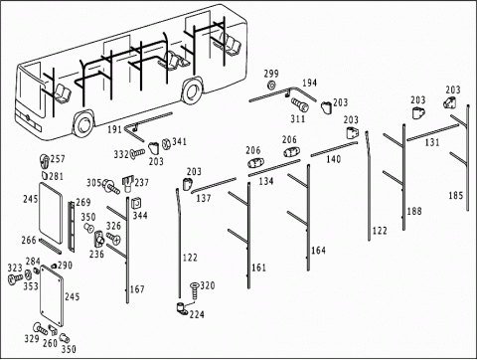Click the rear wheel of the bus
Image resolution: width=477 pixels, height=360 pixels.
pos(191,90)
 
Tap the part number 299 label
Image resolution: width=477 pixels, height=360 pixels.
pos(271,74)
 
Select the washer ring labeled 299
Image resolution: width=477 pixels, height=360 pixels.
pos(271,86)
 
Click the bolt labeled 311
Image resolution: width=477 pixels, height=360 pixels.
pos(300,104)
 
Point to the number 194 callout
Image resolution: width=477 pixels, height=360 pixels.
pos(309,83)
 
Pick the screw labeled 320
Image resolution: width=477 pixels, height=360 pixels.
pos(194,290)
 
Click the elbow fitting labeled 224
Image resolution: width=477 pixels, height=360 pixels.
pos(182,308)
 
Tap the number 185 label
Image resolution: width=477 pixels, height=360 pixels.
pos(455,196)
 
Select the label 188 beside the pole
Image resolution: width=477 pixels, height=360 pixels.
pos(414,211)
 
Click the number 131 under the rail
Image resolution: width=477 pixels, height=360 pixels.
pos(432,142)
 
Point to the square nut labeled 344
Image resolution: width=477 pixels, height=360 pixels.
pos(136,203)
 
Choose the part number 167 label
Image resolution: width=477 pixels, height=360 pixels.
pos(137,289)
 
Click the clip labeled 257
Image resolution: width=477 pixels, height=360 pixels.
pos(45,160)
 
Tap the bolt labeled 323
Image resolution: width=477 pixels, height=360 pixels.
pos(15,277)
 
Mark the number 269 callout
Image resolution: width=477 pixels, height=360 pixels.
pos(83,202)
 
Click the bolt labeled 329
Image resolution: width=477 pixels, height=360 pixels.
pos(41,328)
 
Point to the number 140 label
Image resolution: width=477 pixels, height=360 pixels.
pos(333,159)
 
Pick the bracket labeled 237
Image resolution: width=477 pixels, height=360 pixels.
pos(128,184)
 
